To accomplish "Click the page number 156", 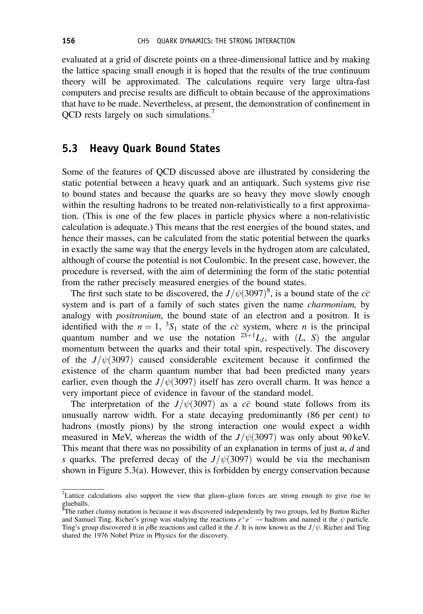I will [69, 41].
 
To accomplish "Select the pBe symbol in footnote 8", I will [152, 528].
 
